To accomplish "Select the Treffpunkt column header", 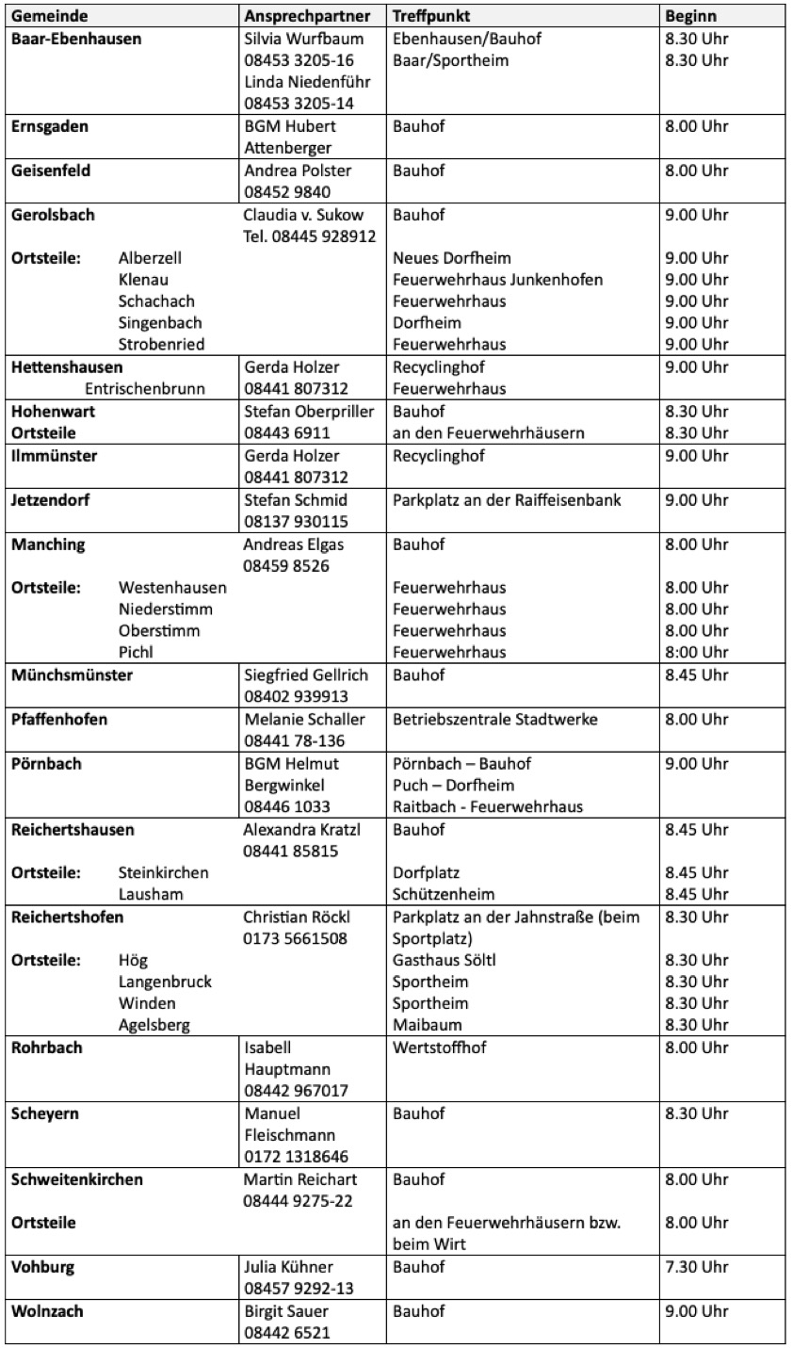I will (x=430, y=17).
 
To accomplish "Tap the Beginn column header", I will (x=690, y=17).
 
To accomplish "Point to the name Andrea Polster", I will (x=297, y=171).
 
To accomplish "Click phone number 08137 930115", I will (x=296, y=522).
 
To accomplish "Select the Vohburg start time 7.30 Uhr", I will (x=696, y=1267).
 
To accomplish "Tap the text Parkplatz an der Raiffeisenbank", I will (x=507, y=500).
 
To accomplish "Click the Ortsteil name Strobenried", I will (x=161, y=345).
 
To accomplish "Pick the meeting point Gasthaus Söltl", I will (x=444, y=960).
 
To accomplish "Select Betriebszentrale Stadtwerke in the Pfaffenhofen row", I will (x=494, y=720).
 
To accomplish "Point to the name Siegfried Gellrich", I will (x=306, y=675).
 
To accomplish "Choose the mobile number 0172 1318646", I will (x=296, y=1157).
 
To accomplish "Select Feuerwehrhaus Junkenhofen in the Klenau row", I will (x=497, y=280).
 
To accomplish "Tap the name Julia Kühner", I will (x=288, y=1267).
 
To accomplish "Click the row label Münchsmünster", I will (x=72, y=675).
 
